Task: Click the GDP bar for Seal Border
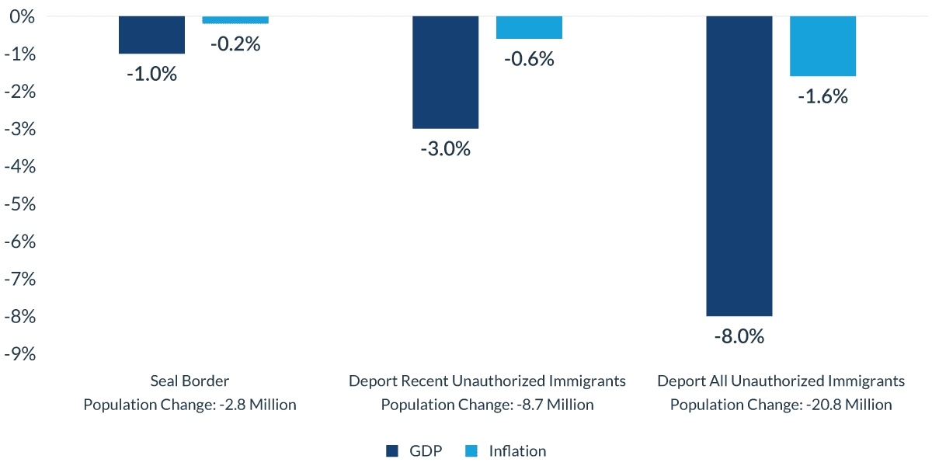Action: (x=152, y=35)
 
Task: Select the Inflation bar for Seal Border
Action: (x=235, y=19)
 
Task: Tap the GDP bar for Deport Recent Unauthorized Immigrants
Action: (x=446, y=72)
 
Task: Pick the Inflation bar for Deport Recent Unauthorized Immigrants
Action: (x=529, y=27)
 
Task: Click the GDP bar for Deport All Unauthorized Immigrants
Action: (x=739, y=166)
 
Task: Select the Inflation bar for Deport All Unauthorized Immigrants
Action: (x=822, y=46)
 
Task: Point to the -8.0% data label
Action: (x=739, y=337)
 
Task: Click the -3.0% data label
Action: (x=446, y=149)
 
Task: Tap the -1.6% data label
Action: (x=822, y=97)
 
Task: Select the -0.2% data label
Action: (x=235, y=44)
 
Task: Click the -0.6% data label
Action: (x=529, y=59)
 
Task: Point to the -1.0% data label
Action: (x=152, y=75)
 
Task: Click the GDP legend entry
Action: (x=414, y=451)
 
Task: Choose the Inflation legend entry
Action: (x=506, y=451)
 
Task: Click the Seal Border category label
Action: (x=190, y=381)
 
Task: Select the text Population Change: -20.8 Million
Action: (x=781, y=405)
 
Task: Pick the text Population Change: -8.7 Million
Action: (x=487, y=405)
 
